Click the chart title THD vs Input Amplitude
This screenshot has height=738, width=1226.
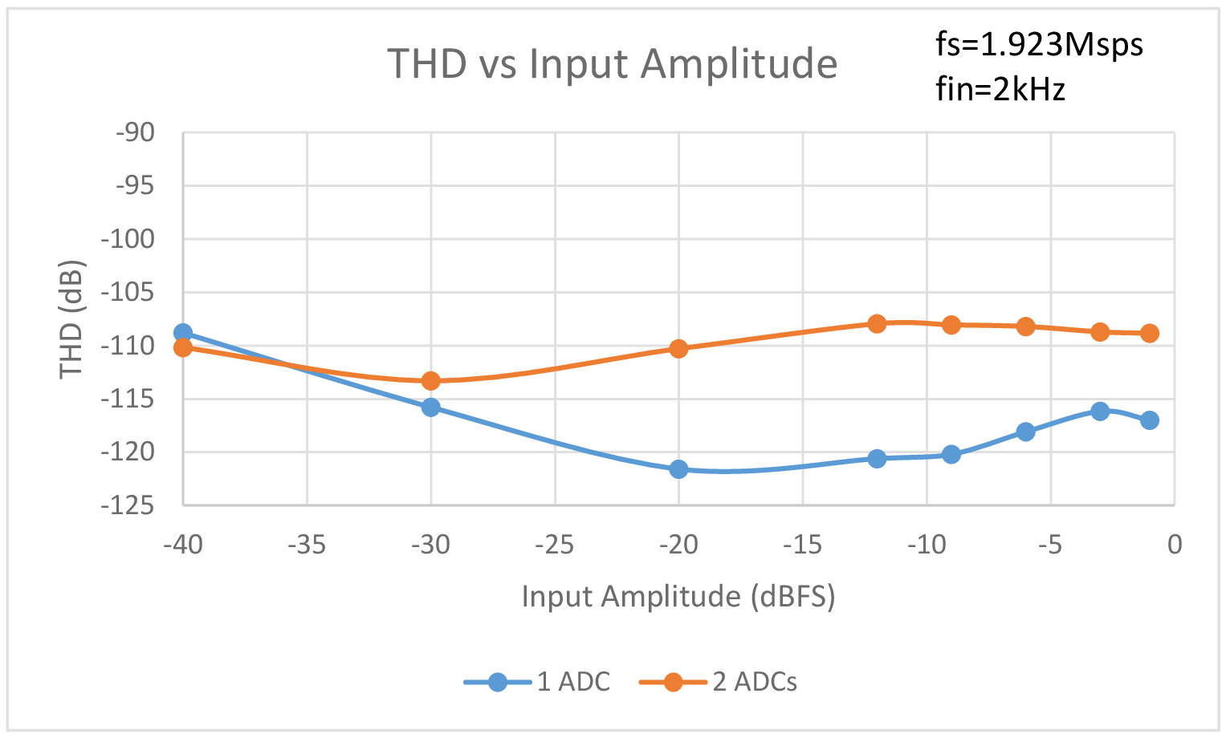(612, 63)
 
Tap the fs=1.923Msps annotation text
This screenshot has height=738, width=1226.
(1039, 44)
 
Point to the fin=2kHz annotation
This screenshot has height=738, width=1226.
(1000, 89)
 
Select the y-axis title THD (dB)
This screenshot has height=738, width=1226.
(71, 319)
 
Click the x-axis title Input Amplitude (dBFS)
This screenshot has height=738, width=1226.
(678, 596)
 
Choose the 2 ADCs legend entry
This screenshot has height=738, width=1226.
(719, 682)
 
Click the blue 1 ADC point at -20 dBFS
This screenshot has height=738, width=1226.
(678, 469)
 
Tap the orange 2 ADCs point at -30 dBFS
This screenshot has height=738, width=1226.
(431, 380)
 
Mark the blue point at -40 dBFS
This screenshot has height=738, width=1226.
(183, 333)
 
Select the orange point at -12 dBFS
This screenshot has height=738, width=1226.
(877, 324)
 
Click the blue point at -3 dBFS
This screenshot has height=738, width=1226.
(1100, 412)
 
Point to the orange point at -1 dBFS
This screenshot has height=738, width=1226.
(1150, 334)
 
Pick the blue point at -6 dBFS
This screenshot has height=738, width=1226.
(1025, 432)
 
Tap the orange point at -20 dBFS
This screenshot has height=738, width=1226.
(678, 349)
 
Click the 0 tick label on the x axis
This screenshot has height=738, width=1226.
(1175, 545)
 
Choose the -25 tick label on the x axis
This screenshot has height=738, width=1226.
(554, 545)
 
